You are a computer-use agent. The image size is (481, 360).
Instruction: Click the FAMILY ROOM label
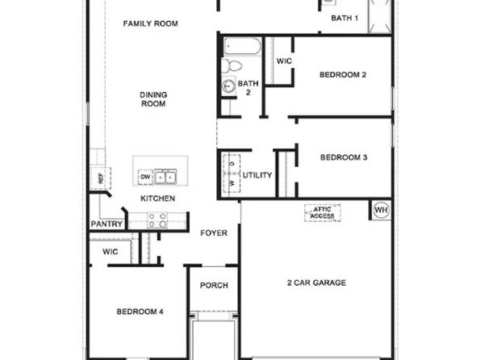[x=149, y=23]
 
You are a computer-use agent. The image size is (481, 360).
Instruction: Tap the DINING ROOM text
[x=153, y=99]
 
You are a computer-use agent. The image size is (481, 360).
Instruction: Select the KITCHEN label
[x=158, y=199]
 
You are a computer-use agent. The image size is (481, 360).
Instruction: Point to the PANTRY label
[x=106, y=224]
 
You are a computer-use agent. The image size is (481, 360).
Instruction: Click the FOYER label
[x=214, y=233]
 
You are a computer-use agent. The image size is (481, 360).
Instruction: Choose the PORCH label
[x=214, y=286]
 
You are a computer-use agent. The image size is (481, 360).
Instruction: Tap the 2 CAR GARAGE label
[x=316, y=283]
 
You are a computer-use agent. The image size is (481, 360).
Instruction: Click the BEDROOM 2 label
[x=343, y=75]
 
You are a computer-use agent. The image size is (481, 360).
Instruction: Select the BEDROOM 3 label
[x=344, y=157]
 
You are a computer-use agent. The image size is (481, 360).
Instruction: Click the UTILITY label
[x=257, y=175]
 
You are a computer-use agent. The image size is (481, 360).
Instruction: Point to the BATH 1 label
[x=345, y=18]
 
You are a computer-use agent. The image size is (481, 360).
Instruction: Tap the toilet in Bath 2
[x=232, y=66]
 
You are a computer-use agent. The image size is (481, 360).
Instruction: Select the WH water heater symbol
[x=381, y=211]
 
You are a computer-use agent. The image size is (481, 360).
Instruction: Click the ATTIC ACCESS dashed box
[x=322, y=213]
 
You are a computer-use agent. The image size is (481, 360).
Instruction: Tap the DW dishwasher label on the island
[x=145, y=177]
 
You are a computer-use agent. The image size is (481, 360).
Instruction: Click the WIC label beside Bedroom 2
[x=284, y=61]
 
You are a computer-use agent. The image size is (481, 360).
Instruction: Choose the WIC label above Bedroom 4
[x=111, y=252]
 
